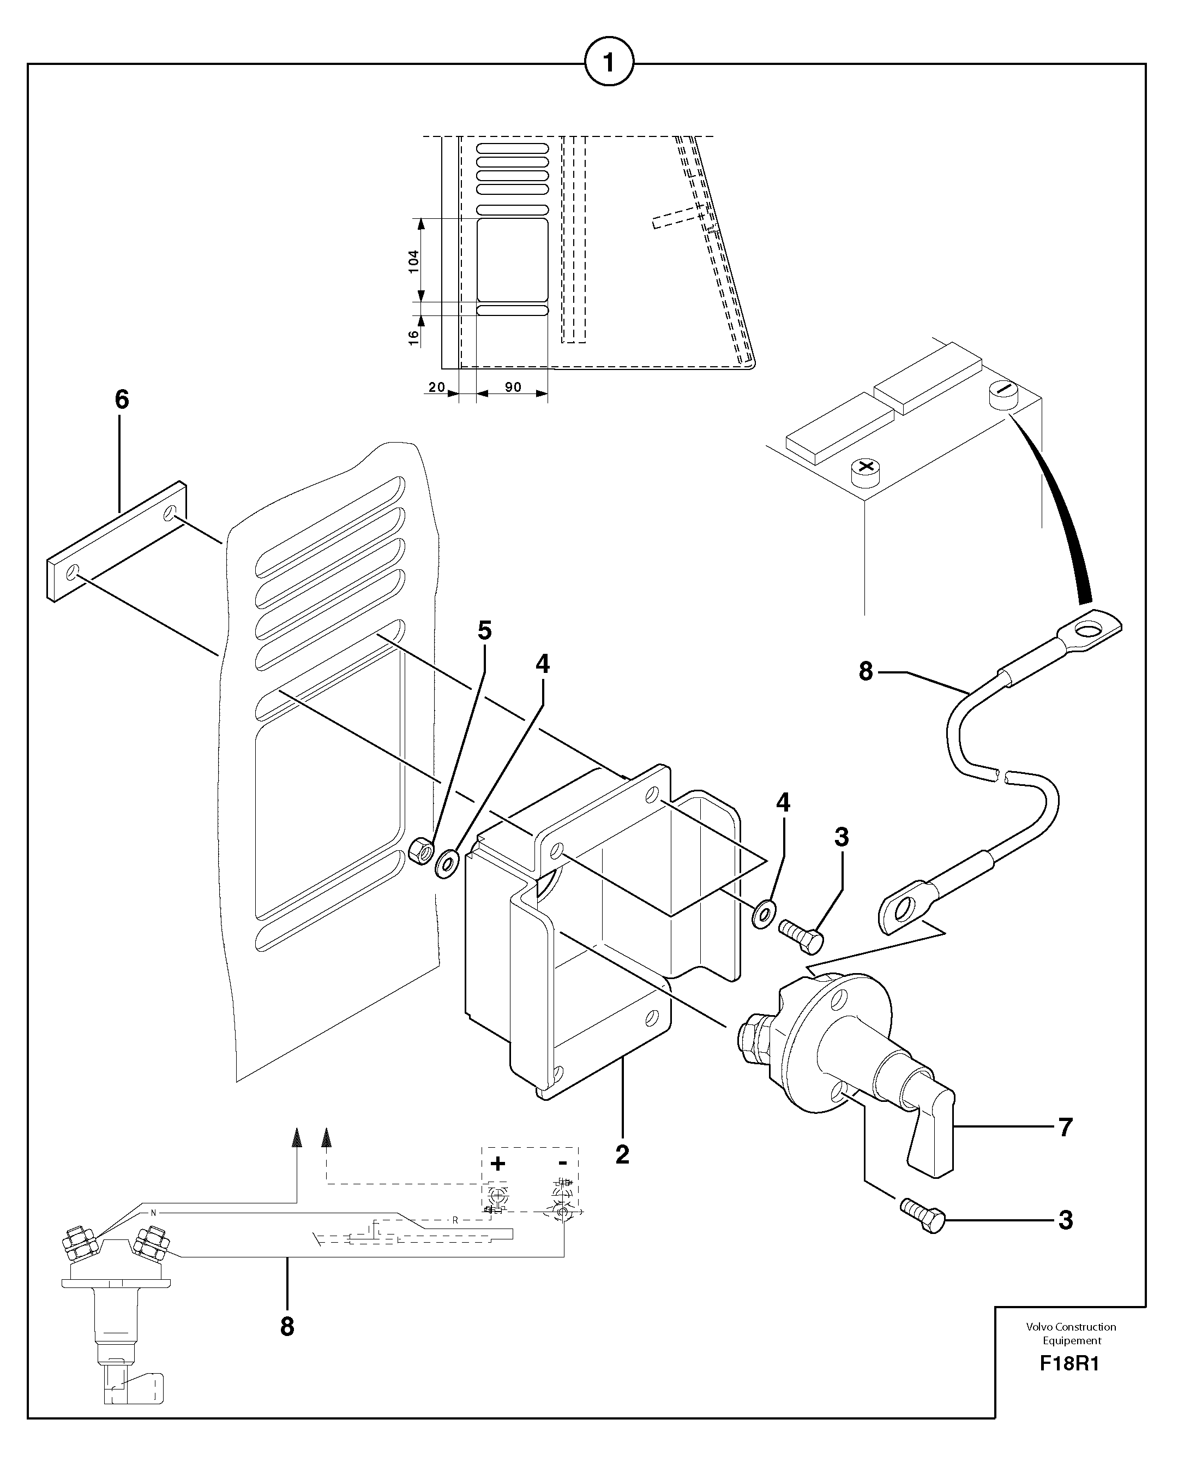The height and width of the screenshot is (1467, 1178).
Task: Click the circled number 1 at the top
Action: (x=609, y=63)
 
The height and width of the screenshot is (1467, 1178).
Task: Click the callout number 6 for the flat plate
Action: (x=122, y=399)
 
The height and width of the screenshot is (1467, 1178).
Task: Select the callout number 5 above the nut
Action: (x=484, y=631)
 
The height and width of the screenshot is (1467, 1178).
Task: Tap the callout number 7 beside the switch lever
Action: (x=1065, y=1128)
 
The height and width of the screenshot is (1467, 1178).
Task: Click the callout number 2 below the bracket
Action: (x=622, y=1155)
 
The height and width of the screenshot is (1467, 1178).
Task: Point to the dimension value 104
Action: (x=413, y=261)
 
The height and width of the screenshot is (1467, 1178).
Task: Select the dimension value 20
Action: (x=436, y=387)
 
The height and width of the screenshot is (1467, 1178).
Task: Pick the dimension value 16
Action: (x=413, y=337)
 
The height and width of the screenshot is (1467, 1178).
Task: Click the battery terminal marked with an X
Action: (x=865, y=469)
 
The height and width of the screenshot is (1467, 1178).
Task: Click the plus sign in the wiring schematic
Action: (x=498, y=1164)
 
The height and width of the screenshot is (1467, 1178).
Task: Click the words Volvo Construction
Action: (x=1071, y=1327)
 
